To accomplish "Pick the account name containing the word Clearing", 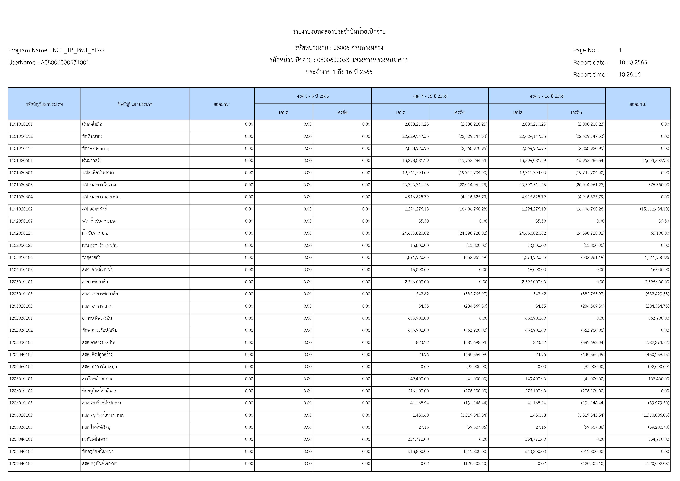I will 95,148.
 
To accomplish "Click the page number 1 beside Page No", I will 620,50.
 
